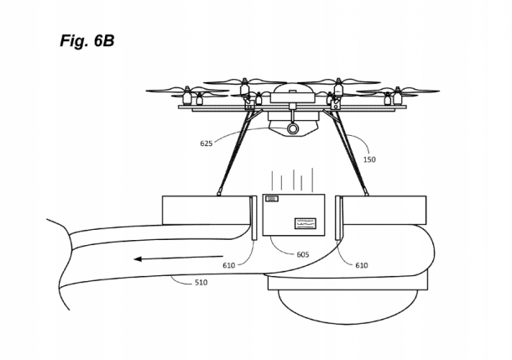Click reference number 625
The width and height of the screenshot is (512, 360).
point(206,143)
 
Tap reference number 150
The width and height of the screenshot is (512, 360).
point(369,159)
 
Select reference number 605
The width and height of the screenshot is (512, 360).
point(302,253)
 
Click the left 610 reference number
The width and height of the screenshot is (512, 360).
point(229,265)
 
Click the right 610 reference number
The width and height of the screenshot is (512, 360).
point(361,265)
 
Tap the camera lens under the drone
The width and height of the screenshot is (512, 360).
point(293,129)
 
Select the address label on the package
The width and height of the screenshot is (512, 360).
point(306,223)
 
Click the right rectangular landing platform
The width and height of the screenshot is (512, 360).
point(384,210)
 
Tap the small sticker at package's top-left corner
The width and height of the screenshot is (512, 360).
point(272,199)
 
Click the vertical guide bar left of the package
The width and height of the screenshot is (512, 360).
point(254,218)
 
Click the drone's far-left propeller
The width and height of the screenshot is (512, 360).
point(173,90)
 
